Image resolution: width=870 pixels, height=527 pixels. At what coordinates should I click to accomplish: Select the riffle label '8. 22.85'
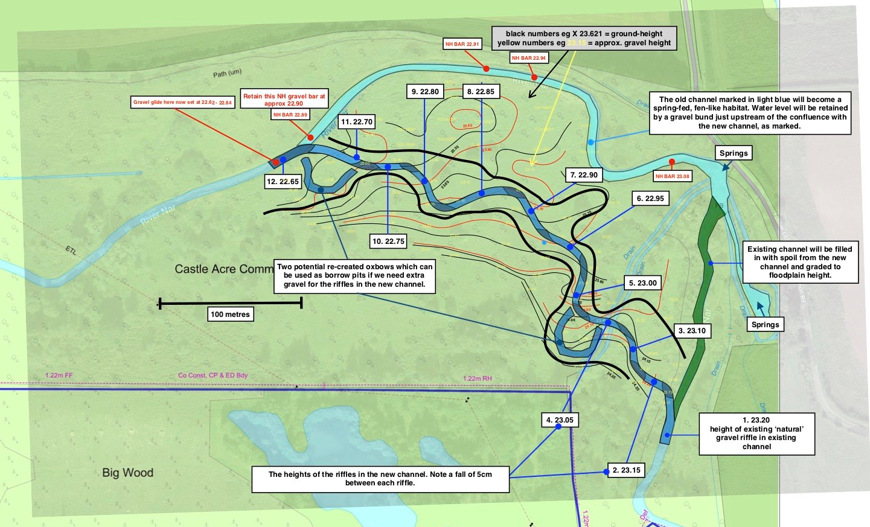click(481, 92)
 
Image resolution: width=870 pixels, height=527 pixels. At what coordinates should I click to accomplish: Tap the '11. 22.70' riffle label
click(357, 122)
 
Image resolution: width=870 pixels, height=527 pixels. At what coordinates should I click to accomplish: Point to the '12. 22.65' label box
click(283, 181)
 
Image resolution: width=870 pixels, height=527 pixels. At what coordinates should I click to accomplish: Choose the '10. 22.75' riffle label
click(388, 241)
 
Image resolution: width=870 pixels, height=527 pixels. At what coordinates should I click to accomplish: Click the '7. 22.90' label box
click(584, 175)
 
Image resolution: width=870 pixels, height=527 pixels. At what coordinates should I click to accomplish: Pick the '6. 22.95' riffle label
click(650, 198)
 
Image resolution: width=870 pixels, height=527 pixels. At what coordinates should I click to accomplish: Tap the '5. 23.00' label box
click(642, 283)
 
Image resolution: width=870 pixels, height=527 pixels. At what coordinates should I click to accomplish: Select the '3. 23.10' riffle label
click(691, 331)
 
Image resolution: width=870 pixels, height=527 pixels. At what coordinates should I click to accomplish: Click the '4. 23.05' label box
click(560, 420)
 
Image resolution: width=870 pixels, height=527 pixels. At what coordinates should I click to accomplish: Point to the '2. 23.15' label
click(626, 470)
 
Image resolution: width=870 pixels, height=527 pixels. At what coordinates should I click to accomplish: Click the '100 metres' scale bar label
click(230, 314)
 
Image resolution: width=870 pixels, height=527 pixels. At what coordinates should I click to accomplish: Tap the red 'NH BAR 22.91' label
click(462, 44)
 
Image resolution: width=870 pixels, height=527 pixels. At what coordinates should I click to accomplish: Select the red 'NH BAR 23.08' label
click(672, 176)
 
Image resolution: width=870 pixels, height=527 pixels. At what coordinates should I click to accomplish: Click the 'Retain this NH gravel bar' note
click(284, 100)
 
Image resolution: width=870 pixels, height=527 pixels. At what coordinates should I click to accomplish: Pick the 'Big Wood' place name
click(127, 473)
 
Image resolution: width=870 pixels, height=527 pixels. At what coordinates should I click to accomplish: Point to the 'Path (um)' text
click(227, 74)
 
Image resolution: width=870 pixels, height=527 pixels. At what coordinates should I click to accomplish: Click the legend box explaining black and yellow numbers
click(584, 38)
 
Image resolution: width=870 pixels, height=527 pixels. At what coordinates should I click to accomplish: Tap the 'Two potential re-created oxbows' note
click(355, 275)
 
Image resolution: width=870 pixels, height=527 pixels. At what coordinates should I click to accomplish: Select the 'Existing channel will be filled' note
click(800, 262)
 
